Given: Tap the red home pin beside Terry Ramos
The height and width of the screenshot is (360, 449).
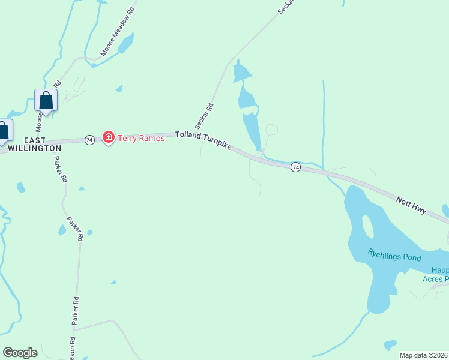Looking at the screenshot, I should [109, 138].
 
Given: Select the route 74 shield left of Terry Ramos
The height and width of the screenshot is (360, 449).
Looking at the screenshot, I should [89, 139].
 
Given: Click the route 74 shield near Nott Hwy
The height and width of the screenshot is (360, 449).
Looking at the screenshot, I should [295, 167].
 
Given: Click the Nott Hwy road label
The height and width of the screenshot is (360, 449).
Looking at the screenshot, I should [411, 205].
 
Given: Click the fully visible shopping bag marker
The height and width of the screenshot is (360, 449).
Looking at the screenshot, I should [46, 101].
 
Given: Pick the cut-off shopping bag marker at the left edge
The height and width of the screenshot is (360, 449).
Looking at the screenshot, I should [4, 131].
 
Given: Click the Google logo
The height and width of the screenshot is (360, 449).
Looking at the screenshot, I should [20, 352].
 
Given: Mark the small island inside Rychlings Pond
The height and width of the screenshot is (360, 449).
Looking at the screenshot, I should [368, 226].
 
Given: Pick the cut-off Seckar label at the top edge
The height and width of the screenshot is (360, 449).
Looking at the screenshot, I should [289, 6].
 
